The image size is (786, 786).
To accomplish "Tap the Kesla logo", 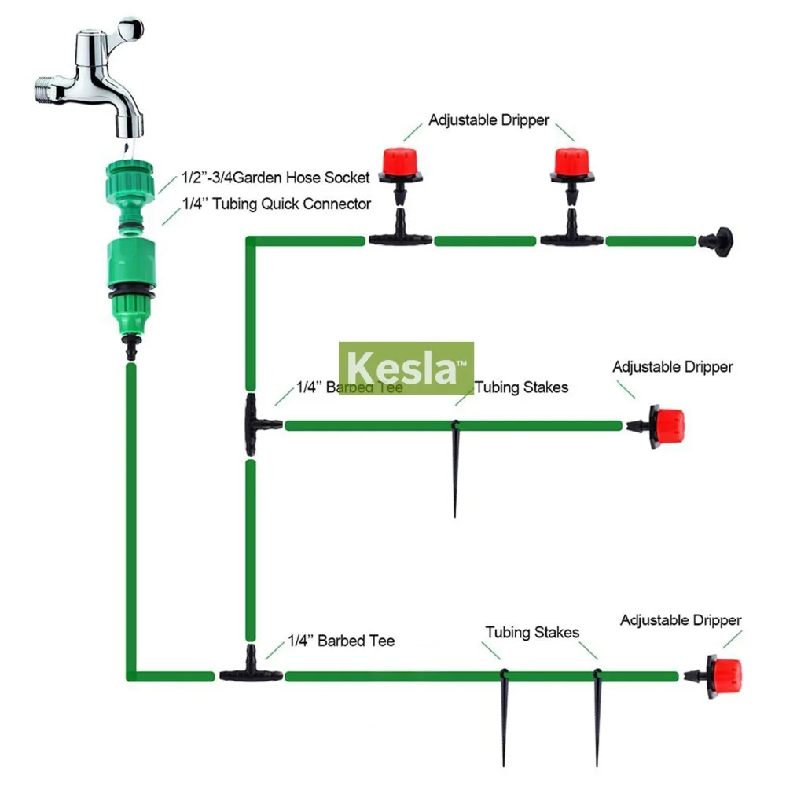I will click(x=406, y=368).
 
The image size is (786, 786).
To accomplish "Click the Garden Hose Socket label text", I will click(x=276, y=178).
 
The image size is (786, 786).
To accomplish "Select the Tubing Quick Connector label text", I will click(x=276, y=204).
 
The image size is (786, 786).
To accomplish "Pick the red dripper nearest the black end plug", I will click(x=571, y=162).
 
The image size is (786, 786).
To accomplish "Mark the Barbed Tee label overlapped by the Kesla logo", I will click(x=349, y=387).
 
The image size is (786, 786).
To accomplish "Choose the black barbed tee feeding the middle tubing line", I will click(x=255, y=425).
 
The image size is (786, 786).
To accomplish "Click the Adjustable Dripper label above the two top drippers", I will click(x=488, y=121).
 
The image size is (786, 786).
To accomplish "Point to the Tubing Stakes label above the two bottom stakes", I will click(x=532, y=633).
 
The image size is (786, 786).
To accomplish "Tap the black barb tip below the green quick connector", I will click(x=131, y=346).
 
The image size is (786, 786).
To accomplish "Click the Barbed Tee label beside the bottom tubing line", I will click(x=341, y=641).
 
